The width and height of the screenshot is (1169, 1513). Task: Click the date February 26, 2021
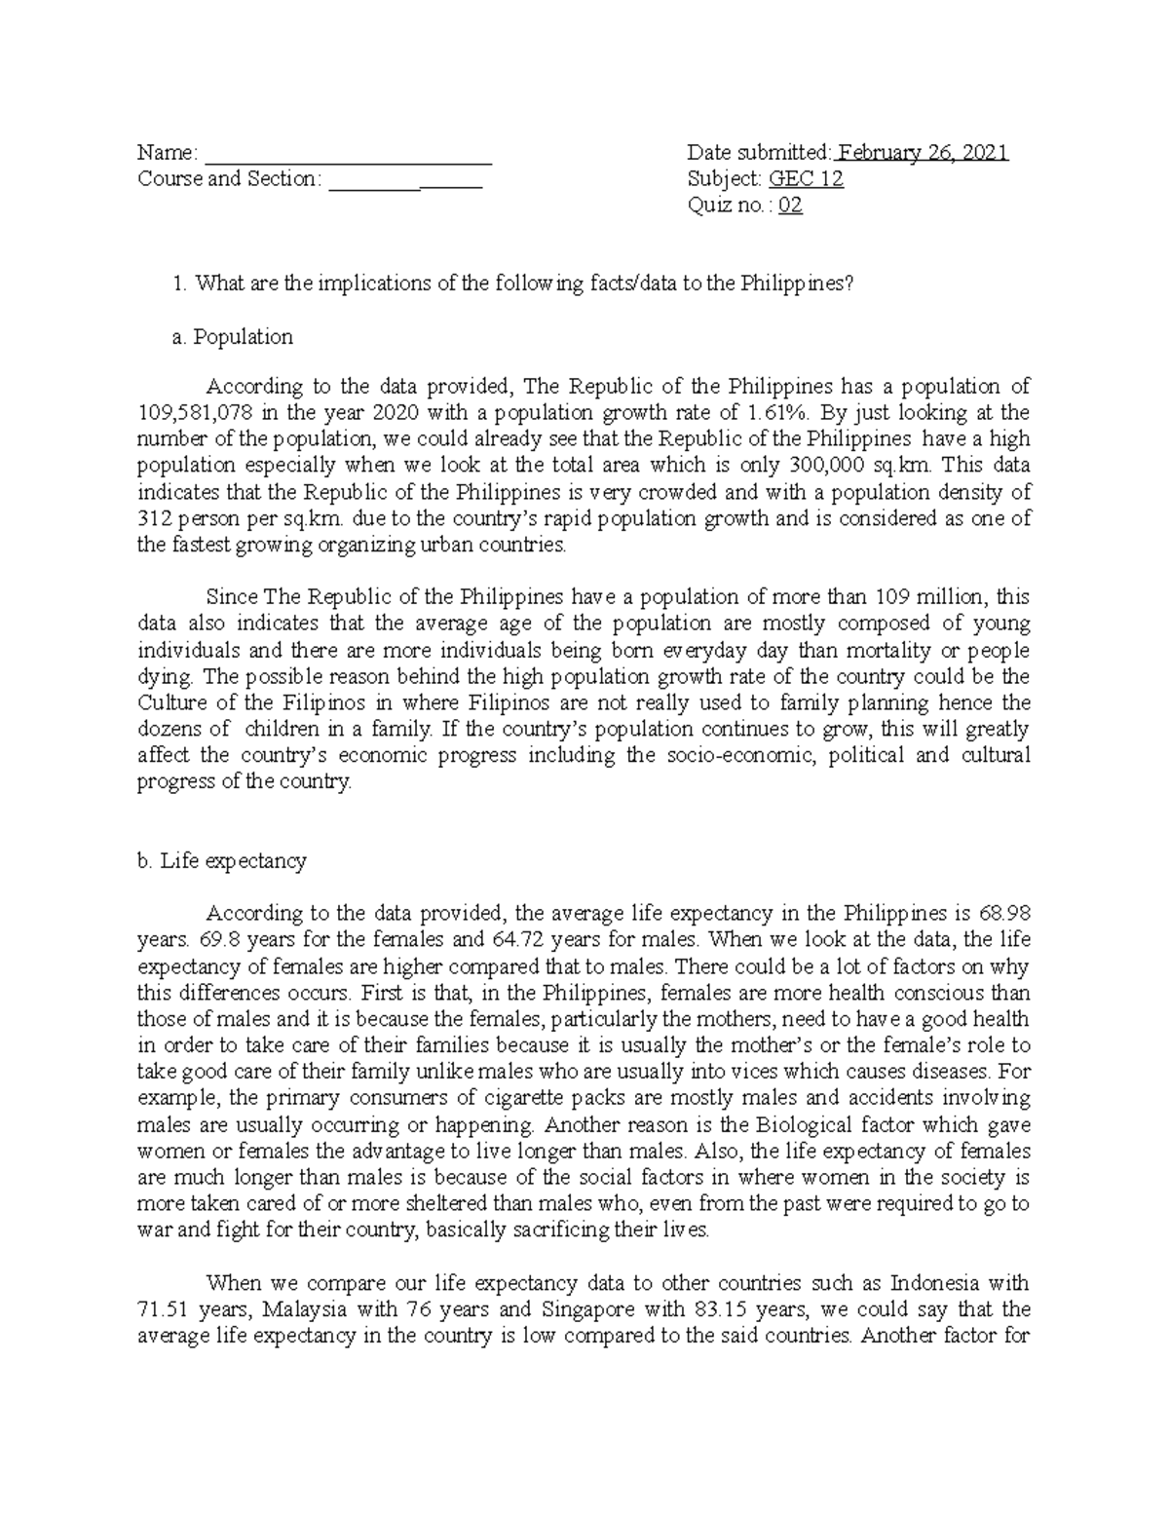[x=922, y=153]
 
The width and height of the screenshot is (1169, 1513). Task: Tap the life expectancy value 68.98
[x=1005, y=914]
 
